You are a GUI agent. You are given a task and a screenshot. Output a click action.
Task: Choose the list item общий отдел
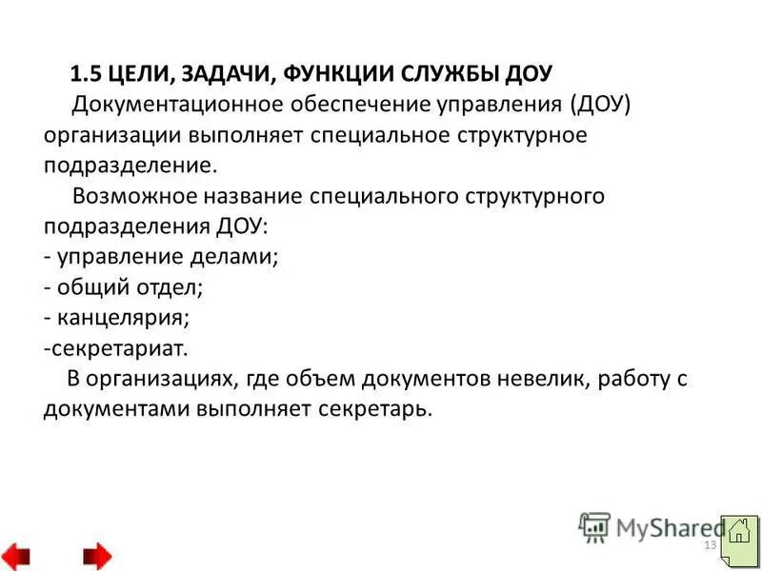(130, 287)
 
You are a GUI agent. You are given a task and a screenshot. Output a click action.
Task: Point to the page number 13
(709, 544)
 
